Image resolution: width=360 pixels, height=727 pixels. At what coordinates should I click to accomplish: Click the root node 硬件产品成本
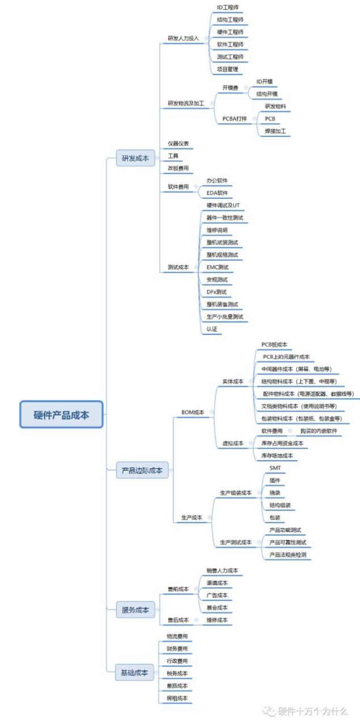point(61,415)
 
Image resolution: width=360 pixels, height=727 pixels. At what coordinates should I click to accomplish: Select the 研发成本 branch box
point(135,159)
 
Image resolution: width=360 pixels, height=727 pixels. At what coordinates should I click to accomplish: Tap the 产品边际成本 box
point(142,470)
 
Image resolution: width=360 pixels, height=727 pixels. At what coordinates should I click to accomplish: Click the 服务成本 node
point(135,610)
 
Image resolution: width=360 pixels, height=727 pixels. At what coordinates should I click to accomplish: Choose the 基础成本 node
point(134,672)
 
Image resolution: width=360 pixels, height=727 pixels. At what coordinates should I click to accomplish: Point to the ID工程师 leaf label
point(228,7)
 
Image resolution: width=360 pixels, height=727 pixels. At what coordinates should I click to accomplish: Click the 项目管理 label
point(228,69)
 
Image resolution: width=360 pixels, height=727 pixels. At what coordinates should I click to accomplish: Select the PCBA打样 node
point(234,119)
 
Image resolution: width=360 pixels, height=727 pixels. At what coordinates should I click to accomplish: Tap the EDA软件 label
point(217,193)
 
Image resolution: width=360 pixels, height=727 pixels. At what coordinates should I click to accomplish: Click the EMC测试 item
point(218,267)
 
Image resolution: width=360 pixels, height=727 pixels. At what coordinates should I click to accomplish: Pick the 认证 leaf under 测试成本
point(212,329)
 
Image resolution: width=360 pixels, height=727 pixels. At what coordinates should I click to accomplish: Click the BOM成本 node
point(192,412)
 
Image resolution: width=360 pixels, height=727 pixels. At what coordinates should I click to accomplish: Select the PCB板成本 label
point(274,344)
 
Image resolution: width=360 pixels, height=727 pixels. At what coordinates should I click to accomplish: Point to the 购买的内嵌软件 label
point(319,431)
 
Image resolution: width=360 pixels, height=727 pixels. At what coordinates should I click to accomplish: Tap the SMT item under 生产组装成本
point(275,467)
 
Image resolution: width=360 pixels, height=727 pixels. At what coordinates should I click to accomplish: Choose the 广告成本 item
point(217,595)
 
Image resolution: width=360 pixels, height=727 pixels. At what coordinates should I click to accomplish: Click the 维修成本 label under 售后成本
point(217,620)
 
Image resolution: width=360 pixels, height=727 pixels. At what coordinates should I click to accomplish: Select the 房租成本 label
point(177,698)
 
